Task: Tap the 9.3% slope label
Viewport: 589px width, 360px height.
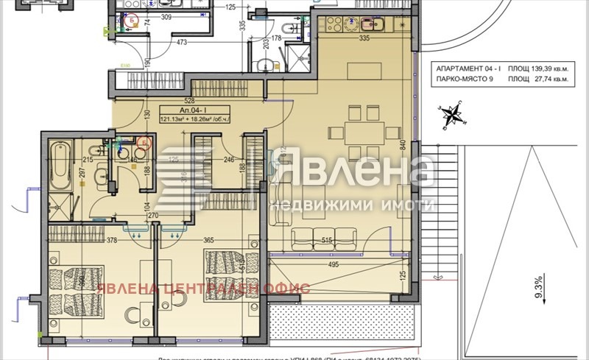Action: pos(537,285)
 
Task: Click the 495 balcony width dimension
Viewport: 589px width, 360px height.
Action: pos(333,265)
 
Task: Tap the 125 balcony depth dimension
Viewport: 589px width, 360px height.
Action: pos(402,276)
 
